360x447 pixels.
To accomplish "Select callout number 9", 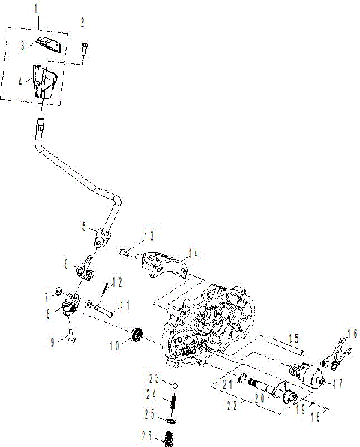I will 52,342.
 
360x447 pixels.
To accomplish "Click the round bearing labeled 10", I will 136,334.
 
